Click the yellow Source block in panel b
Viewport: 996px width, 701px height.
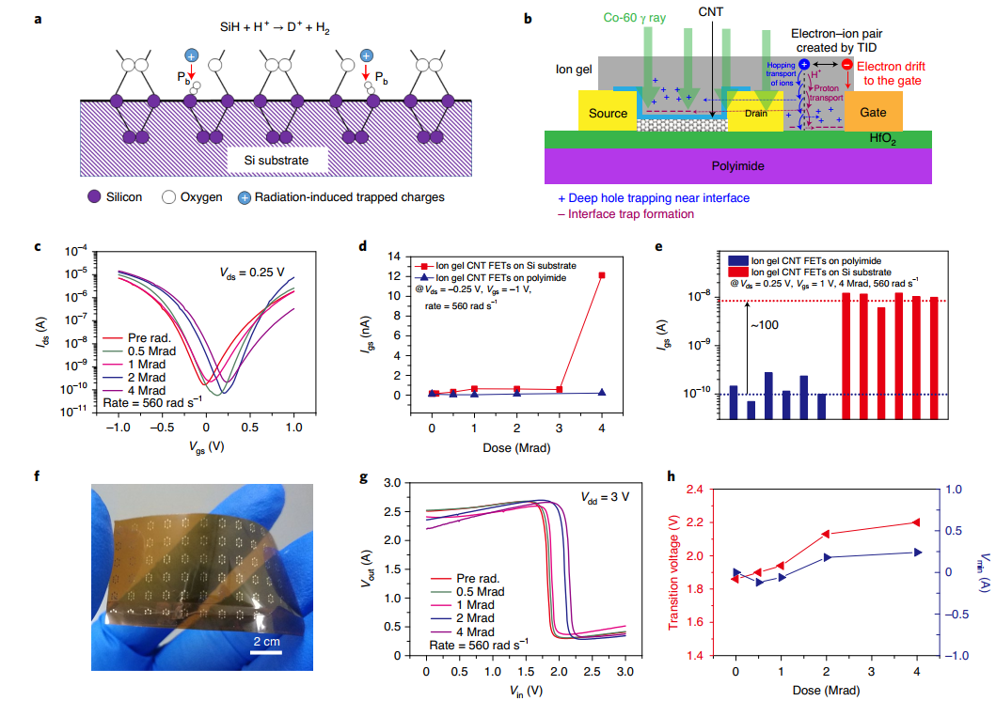(x=609, y=114)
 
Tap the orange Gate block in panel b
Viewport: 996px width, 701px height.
(x=873, y=113)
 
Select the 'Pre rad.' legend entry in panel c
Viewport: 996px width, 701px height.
(x=154, y=336)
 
